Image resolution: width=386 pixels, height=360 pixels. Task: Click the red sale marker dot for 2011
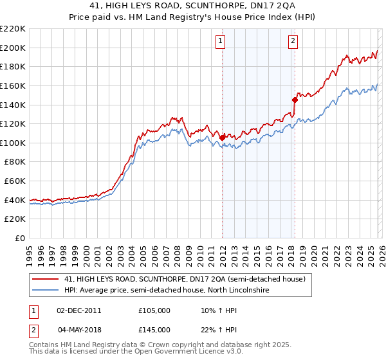(x=222, y=138)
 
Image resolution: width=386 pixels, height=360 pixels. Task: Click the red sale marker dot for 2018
(x=295, y=100)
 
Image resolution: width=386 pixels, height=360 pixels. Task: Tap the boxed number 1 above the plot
(x=221, y=41)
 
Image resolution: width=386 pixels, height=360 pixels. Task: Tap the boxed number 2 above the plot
(x=293, y=41)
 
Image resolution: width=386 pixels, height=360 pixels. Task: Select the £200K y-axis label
(x=13, y=48)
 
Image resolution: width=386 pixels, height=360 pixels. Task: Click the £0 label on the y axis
(x=18, y=239)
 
